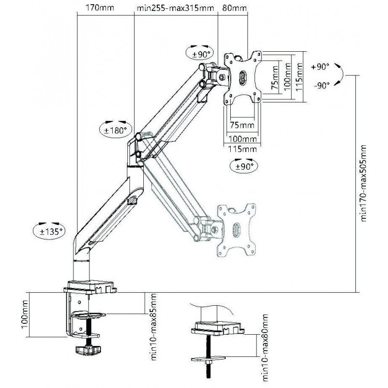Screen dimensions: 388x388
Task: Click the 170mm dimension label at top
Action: point(100,8)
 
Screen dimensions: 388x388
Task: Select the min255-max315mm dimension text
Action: point(175,8)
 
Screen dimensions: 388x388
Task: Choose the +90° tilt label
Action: point(320,67)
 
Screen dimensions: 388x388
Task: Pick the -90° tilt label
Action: point(322,85)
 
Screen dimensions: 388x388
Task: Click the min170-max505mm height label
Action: point(363,183)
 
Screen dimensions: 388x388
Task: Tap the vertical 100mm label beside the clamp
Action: point(25,314)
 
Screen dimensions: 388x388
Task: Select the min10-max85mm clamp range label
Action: point(154,326)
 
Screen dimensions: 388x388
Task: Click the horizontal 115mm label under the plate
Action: point(242,149)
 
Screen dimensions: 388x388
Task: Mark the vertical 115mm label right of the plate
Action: point(300,77)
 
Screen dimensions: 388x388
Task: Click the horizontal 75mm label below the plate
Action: point(242,125)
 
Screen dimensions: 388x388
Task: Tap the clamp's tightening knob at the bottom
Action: point(88,350)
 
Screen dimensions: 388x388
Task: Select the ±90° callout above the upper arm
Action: point(199,53)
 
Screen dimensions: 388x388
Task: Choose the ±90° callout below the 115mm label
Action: point(244,166)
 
